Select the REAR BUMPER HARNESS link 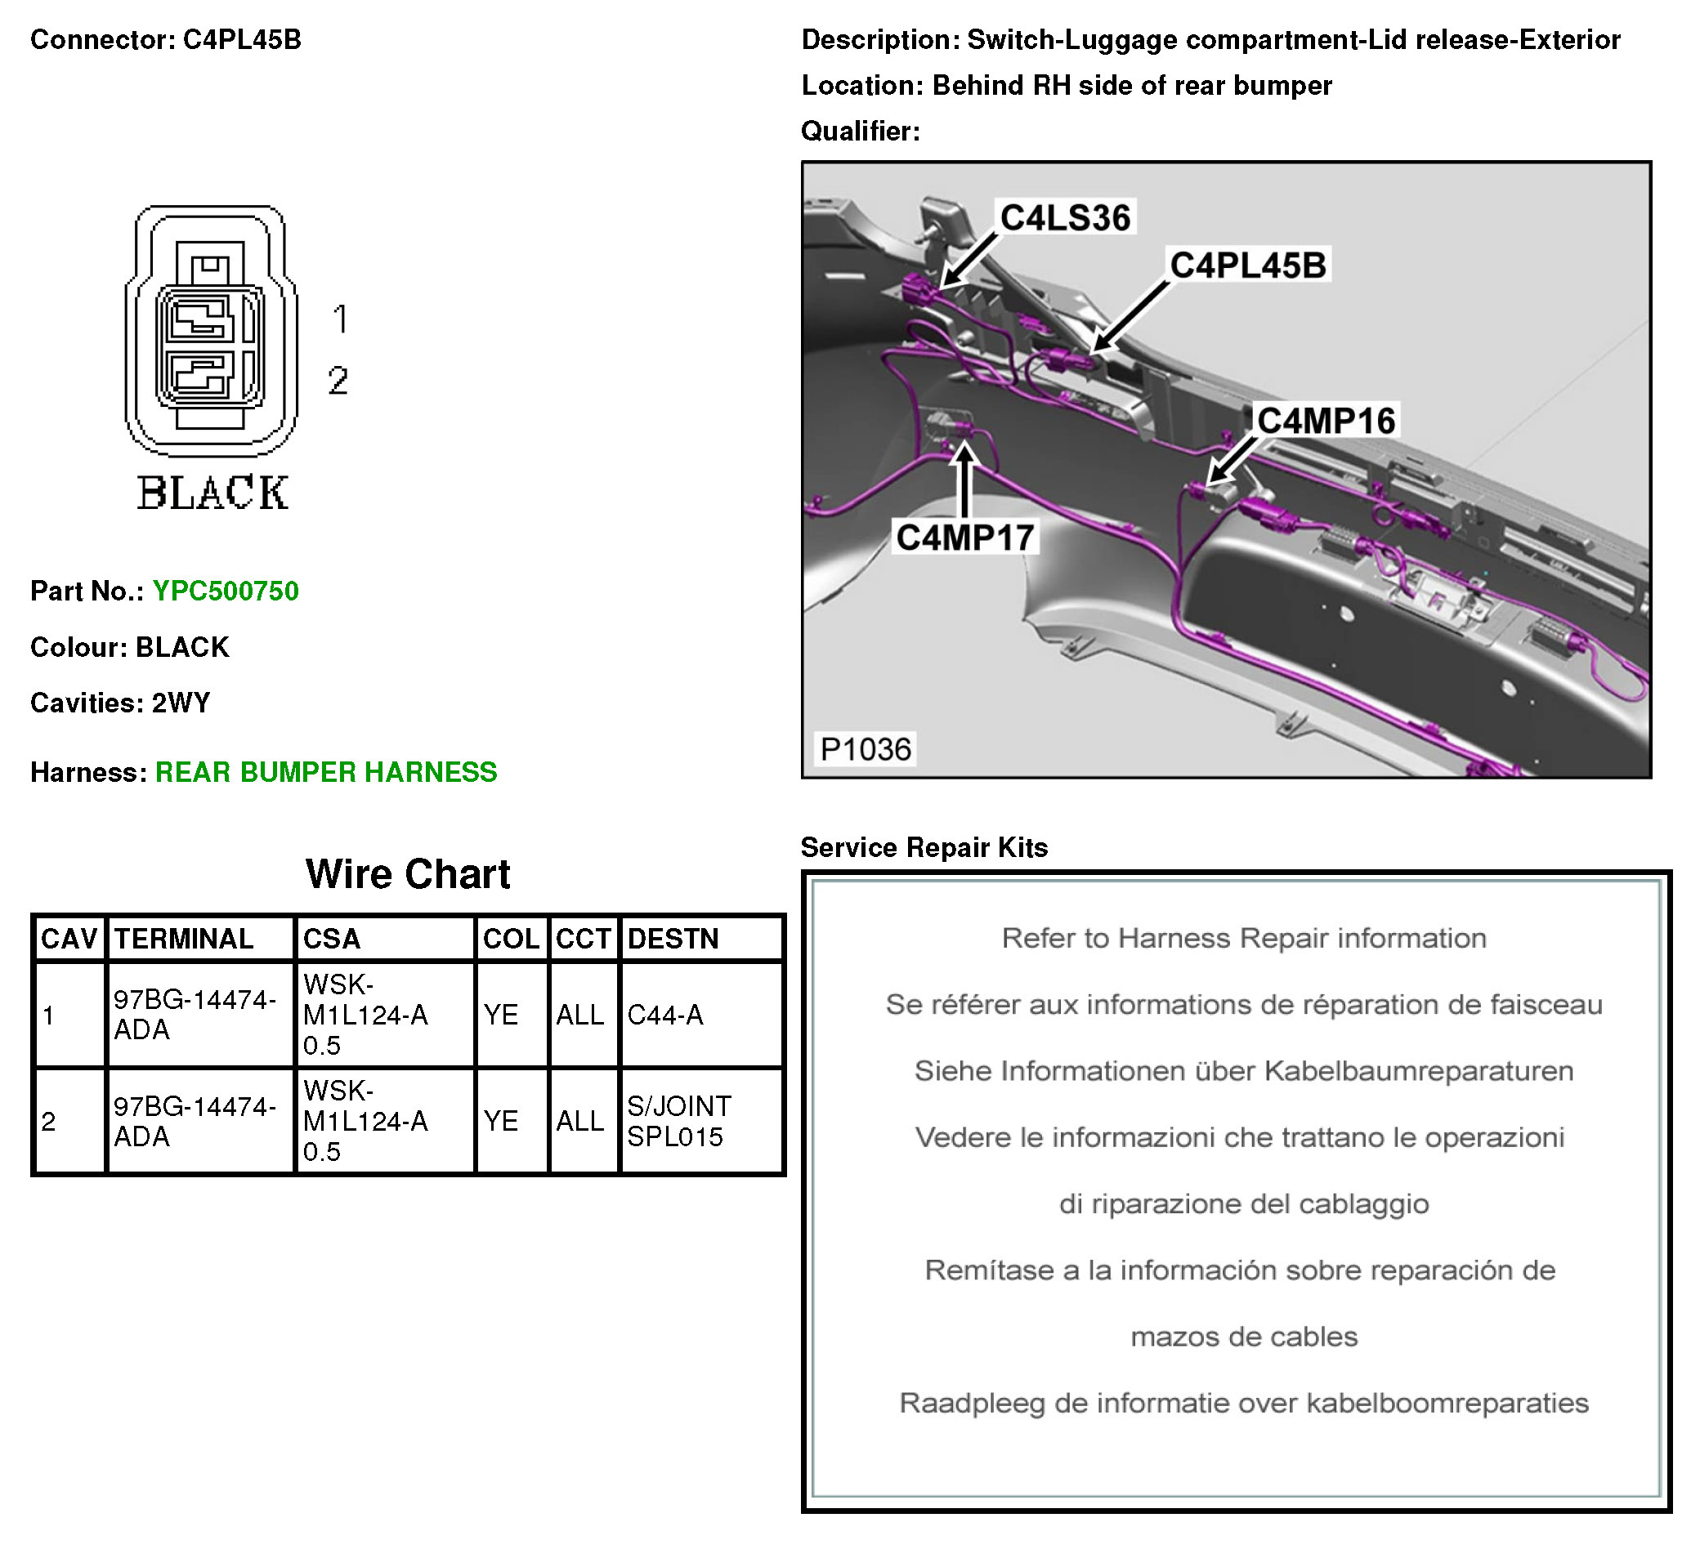coord(325,772)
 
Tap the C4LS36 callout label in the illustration coord(1064,217)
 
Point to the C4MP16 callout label coord(1326,420)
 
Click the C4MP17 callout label coord(964,537)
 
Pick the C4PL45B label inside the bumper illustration coord(1247,265)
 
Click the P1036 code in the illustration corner coord(866,748)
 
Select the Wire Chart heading coord(407,873)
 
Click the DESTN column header coord(672,938)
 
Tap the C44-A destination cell coord(664,1015)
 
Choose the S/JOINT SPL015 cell coord(678,1121)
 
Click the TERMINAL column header coord(183,938)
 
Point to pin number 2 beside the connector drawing coord(338,380)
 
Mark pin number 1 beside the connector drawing coord(340,319)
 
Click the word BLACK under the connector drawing coord(212,493)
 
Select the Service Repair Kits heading coord(924,847)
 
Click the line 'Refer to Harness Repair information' coord(1243,938)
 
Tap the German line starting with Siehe coord(1243,1070)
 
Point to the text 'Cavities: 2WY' coord(120,703)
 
